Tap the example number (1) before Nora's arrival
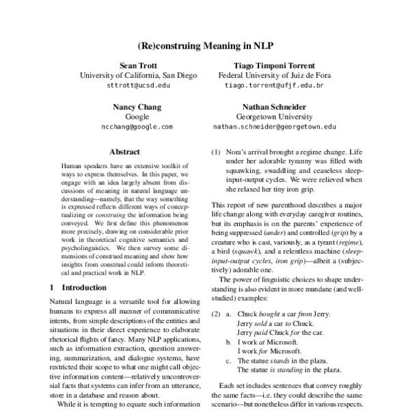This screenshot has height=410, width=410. (x=216, y=152)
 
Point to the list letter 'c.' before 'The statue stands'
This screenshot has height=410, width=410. (x=230, y=359)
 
